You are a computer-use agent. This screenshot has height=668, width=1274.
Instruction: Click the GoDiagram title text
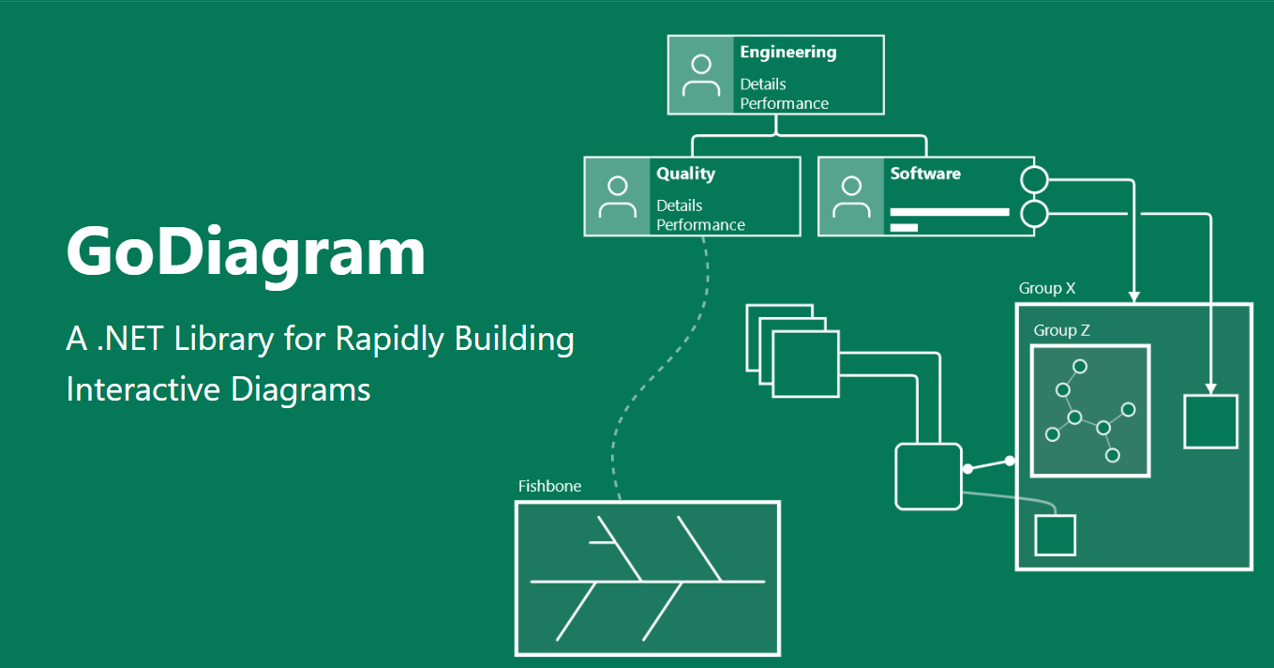coord(246,250)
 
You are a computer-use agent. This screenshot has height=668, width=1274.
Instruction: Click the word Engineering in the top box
coord(787,53)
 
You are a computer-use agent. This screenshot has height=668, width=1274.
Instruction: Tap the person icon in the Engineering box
coord(700,75)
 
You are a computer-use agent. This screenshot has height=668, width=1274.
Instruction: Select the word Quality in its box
coord(685,174)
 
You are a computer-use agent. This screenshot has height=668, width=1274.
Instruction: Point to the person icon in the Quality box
coord(617,196)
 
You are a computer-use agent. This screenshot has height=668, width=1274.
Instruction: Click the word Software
coord(925,174)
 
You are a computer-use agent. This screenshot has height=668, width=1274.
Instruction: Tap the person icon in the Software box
coord(851,196)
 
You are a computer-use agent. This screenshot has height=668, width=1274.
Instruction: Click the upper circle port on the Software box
coord(1034,179)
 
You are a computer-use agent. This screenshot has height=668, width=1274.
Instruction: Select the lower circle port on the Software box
coord(1034,214)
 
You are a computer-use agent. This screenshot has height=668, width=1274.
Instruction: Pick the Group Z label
coord(1061,330)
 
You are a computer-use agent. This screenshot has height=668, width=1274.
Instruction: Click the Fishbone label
coord(549,486)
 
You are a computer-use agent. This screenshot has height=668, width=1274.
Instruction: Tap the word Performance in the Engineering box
coord(784,103)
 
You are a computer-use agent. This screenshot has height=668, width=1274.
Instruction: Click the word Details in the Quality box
coord(679,205)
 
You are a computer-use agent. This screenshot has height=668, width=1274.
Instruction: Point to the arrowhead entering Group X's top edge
coord(1134,296)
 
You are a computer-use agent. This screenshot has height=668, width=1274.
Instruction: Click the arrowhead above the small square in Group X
coord(1210,387)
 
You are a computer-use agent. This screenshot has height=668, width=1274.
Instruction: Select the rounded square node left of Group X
coord(928,477)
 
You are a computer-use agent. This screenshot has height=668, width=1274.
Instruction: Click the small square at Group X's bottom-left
coord(1055,535)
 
